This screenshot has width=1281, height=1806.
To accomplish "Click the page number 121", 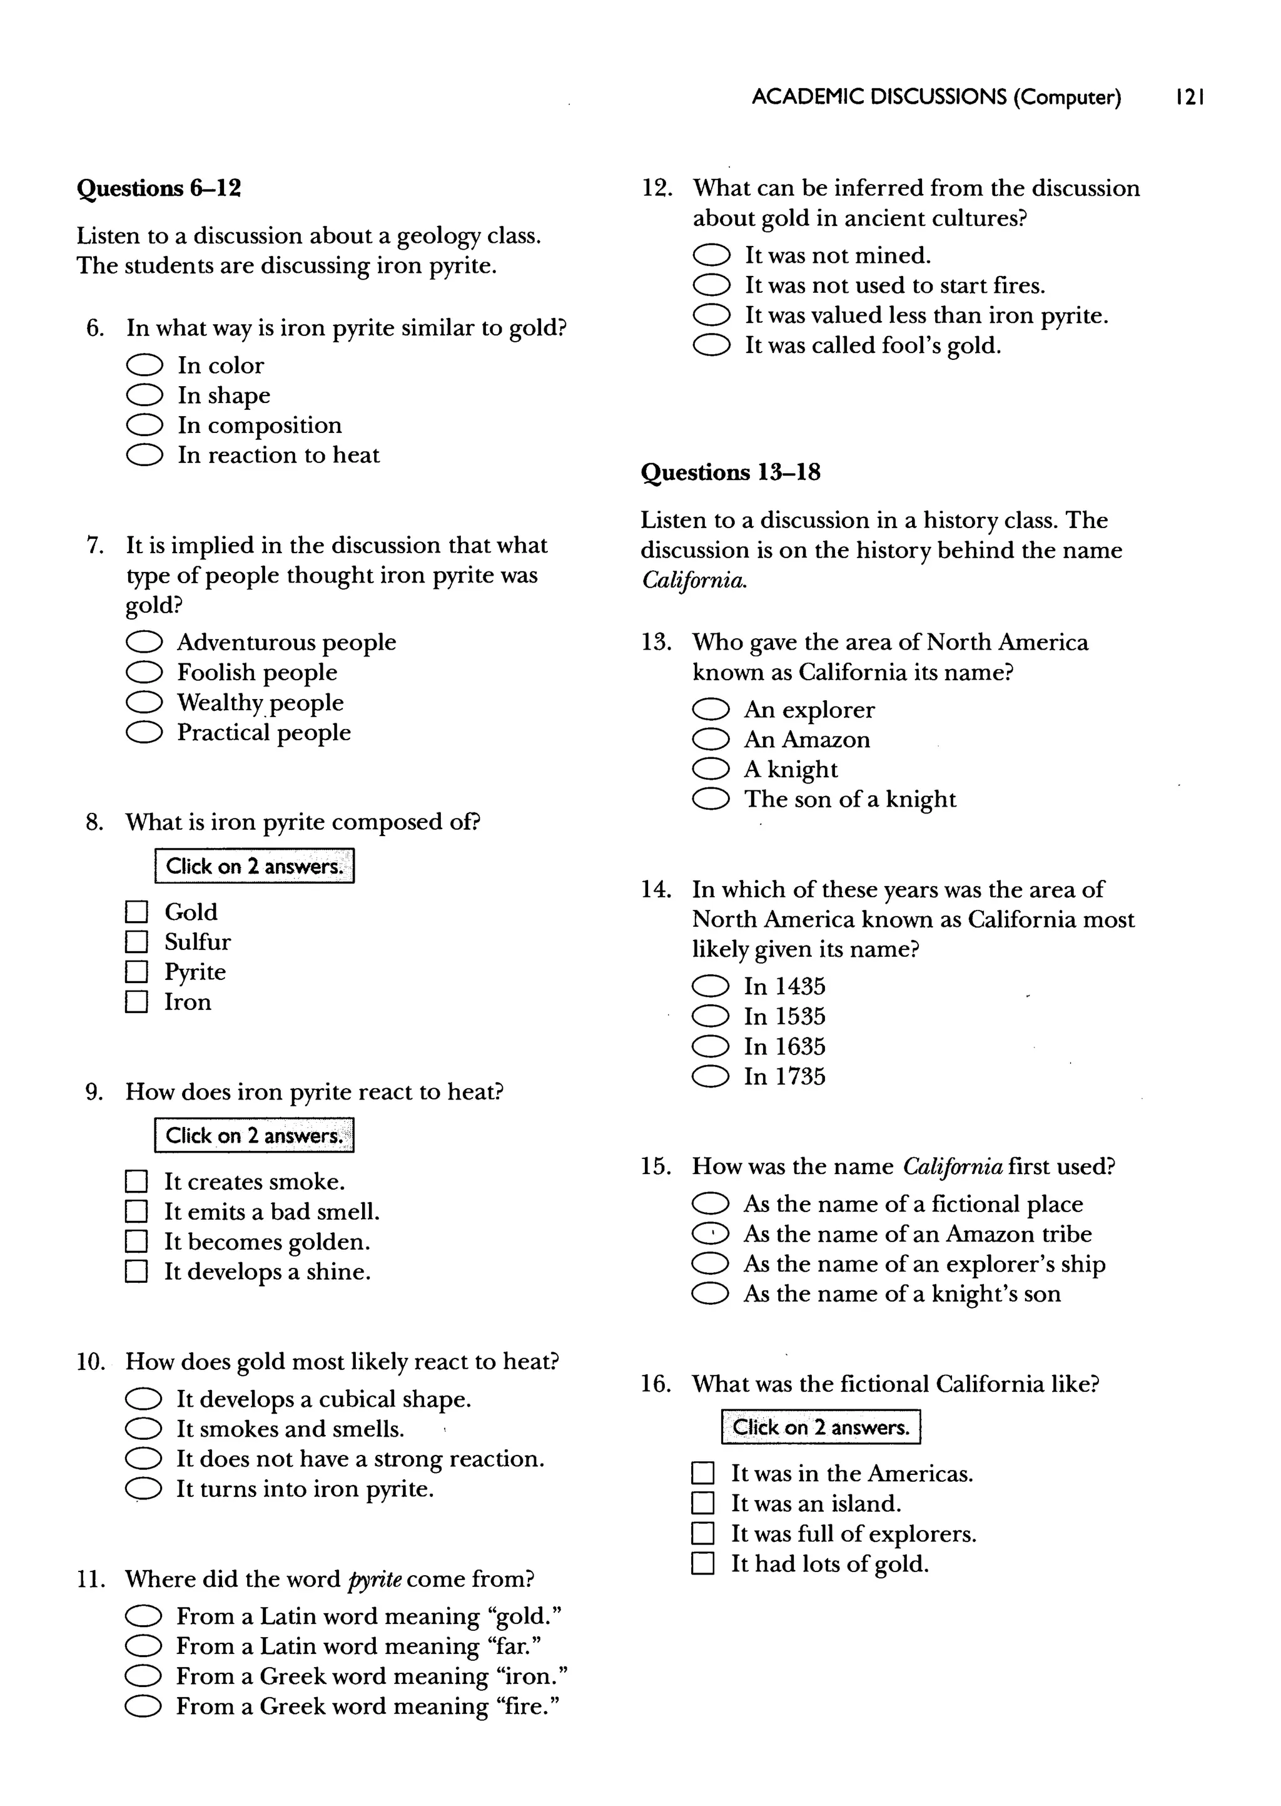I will click(1188, 97).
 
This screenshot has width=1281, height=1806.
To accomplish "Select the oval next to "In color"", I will click(144, 365).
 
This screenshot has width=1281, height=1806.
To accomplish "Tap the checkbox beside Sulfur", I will click(136, 941).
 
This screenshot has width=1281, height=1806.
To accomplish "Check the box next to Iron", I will click(136, 1001).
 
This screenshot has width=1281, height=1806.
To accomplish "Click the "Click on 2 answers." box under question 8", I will click(254, 865).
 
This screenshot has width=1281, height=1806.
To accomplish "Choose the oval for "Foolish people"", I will click(144, 672).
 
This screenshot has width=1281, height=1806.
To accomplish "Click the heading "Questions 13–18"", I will click(731, 472).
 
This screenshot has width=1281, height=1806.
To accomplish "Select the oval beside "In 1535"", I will click(710, 1016).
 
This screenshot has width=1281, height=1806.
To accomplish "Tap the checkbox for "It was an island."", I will click(703, 1503).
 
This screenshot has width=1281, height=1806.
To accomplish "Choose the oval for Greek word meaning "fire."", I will click(144, 1707).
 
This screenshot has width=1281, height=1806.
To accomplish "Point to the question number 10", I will click(91, 1362).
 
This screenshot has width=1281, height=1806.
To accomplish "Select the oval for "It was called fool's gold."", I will click(711, 345).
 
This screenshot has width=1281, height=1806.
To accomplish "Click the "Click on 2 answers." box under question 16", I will click(821, 1427).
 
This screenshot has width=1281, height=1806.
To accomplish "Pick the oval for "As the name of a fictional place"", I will click(710, 1204).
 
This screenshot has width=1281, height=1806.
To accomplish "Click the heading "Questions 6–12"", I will click(158, 188).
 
